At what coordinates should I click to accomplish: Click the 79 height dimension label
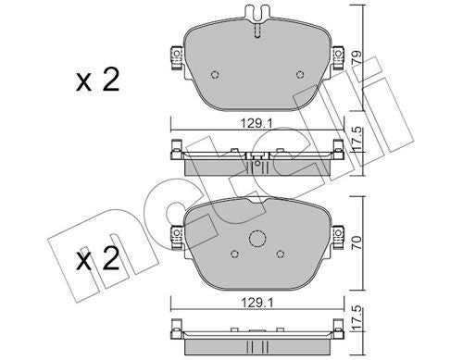pos(357,58)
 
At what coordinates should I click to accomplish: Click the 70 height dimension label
pos(357,243)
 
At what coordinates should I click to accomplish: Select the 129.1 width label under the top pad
pos(257,124)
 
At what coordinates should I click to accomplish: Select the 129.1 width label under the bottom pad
pos(257,304)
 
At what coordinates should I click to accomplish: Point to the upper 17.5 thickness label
pos(357,140)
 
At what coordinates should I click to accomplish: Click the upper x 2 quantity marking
pos(97,81)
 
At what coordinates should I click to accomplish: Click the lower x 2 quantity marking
pos(97,259)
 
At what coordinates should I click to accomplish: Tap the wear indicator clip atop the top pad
pos(257,13)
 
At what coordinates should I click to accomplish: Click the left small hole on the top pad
pos(215,75)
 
